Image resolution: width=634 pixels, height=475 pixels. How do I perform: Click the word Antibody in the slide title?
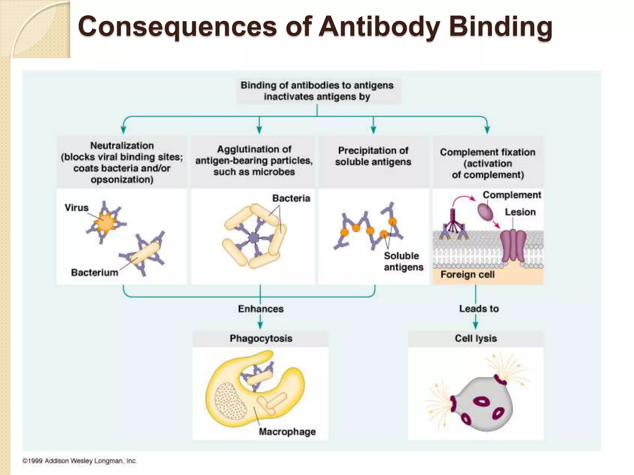click(x=380, y=27)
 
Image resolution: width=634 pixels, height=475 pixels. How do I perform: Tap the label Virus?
click(x=76, y=208)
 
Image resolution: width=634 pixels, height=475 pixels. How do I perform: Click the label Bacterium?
click(x=94, y=272)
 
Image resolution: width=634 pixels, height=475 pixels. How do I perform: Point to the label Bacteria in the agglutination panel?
click(x=291, y=198)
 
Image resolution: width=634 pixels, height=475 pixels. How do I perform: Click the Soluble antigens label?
click(x=403, y=261)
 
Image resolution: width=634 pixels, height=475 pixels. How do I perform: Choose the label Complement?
click(x=512, y=195)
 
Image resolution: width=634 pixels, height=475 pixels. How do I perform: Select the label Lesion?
click(x=520, y=212)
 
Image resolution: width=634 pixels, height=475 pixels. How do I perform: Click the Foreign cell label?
click(x=467, y=274)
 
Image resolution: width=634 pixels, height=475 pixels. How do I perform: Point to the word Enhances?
click(x=261, y=309)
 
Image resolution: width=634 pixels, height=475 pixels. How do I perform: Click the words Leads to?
click(x=479, y=309)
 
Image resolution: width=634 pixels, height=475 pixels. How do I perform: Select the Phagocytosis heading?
click(x=261, y=338)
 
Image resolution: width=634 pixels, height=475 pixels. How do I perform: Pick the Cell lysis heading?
click(x=476, y=338)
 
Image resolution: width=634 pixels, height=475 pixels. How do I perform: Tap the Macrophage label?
click(x=287, y=432)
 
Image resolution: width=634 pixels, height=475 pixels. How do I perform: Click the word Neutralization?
click(x=122, y=145)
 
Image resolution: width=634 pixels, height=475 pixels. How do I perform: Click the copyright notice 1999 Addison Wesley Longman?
click(x=79, y=461)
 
